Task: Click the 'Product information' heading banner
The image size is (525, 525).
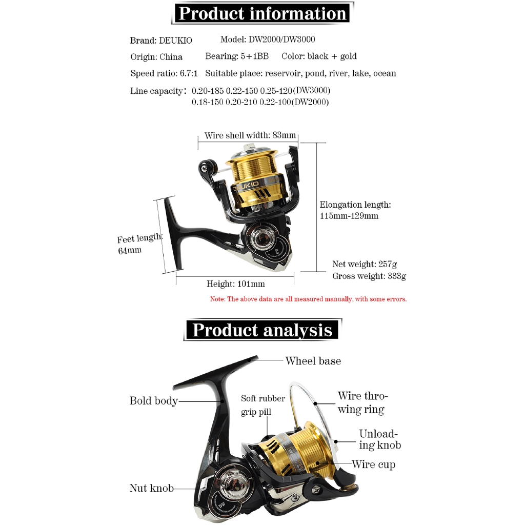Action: pyautogui.click(x=262, y=13)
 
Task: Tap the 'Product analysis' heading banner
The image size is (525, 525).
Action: pyautogui.click(x=262, y=330)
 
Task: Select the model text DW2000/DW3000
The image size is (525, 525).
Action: pyautogui.click(x=281, y=39)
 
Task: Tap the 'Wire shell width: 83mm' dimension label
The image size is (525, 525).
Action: pyautogui.click(x=250, y=135)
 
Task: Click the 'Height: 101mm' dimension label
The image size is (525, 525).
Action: pyautogui.click(x=235, y=284)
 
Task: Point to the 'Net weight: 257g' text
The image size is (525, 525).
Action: pyautogui.click(x=365, y=264)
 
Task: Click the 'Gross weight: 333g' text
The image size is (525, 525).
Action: pyautogui.click(x=369, y=276)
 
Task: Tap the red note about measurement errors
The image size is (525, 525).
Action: pyautogui.click(x=308, y=299)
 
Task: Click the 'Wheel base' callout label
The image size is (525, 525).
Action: pyautogui.click(x=313, y=361)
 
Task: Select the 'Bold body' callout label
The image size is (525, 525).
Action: pyautogui.click(x=153, y=401)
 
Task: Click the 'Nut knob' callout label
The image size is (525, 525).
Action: pyautogui.click(x=151, y=488)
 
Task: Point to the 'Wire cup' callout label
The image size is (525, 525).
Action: pyautogui.click(x=373, y=465)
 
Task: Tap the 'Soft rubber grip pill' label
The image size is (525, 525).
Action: pyautogui.click(x=263, y=405)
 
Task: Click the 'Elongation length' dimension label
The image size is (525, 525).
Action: pyautogui.click(x=355, y=210)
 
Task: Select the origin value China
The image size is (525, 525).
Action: pyautogui.click(x=171, y=57)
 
